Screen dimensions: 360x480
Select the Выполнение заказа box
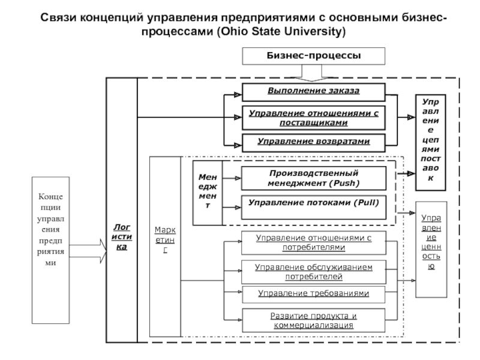click(x=313, y=92)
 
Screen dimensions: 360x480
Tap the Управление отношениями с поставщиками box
click(x=313, y=117)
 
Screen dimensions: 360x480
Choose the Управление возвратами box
click(x=313, y=142)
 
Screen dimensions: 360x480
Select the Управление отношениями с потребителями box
click(x=313, y=242)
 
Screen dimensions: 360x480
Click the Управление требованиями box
click(x=313, y=293)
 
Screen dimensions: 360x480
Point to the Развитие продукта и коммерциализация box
click(x=313, y=320)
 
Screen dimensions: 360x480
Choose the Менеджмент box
click(x=207, y=190)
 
